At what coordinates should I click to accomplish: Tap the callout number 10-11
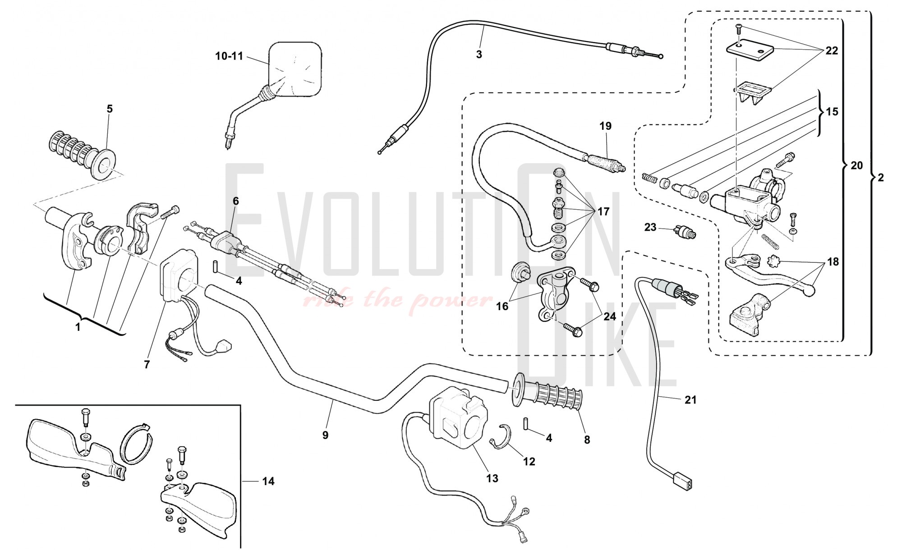click(x=229, y=56)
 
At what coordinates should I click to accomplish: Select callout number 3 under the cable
click(x=479, y=55)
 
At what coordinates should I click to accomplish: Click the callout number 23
click(x=650, y=227)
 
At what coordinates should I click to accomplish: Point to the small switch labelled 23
click(x=685, y=233)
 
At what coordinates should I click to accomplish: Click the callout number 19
click(x=606, y=126)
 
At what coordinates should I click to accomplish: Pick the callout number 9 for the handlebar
click(x=325, y=435)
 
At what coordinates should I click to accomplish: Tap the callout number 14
click(x=268, y=481)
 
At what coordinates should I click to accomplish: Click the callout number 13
click(x=492, y=478)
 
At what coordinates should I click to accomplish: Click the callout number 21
click(x=690, y=399)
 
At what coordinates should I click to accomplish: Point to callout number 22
click(x=831, y=51)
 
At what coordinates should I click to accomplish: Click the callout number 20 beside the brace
click(x=856, y=165)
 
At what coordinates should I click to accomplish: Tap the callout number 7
click(x=147, y=364)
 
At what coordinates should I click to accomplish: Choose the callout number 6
click(x=235, y=201)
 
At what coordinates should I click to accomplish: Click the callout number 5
click(x=110, y=109)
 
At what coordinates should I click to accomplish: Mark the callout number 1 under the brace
click(x=78, y=327)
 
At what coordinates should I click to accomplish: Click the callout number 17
click(x=603, y=211)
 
